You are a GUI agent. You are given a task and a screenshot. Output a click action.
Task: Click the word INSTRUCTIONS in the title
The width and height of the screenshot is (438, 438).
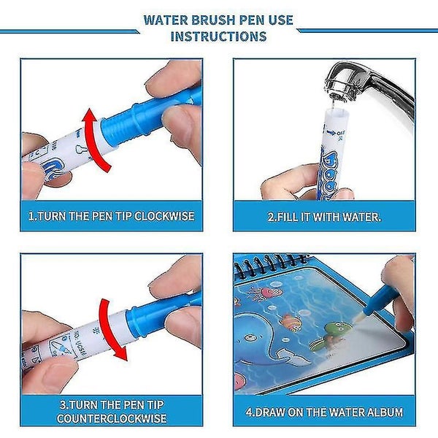(x=220, y=36)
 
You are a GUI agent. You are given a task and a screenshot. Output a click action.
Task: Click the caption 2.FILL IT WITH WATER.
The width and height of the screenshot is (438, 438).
(x=324, y=217)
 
